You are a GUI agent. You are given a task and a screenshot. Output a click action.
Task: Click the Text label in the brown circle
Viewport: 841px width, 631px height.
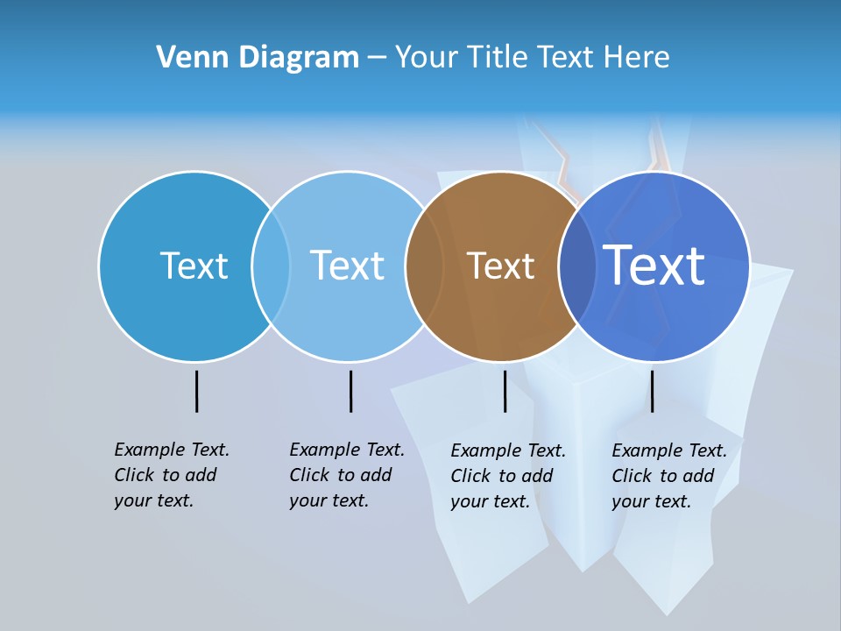[x=500, y=266]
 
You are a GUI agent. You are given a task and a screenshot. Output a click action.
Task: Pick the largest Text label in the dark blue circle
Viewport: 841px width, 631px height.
[x=654, y=266]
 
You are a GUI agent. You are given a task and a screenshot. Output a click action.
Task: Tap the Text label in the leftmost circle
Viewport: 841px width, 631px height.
[x=194, y=266]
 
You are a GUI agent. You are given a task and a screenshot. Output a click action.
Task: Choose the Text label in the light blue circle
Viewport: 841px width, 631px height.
[x=347, y=266]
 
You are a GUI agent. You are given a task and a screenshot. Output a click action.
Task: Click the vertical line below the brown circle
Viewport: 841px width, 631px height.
[x=505, y=391]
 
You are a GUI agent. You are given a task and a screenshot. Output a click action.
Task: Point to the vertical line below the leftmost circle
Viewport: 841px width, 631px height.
[x=196, y=391]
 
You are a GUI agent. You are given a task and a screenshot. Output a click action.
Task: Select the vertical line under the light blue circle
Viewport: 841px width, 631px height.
[x=350, y=391]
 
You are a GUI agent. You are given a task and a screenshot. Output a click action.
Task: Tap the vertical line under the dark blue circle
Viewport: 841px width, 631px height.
[x=652, y=391]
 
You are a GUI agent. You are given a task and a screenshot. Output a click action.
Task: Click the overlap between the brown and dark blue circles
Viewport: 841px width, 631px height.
[x=573, y=266]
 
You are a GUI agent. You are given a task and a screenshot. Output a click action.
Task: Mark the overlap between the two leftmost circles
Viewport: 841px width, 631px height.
[x=271, y=266]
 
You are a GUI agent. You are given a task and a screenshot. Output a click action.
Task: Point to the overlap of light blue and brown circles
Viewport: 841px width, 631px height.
[x=421, y=266]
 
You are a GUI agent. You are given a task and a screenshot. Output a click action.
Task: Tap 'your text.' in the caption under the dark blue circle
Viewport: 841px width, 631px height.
[x=652, y=501]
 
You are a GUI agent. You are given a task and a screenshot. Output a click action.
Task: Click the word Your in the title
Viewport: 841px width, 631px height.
[x=428, y=58]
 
